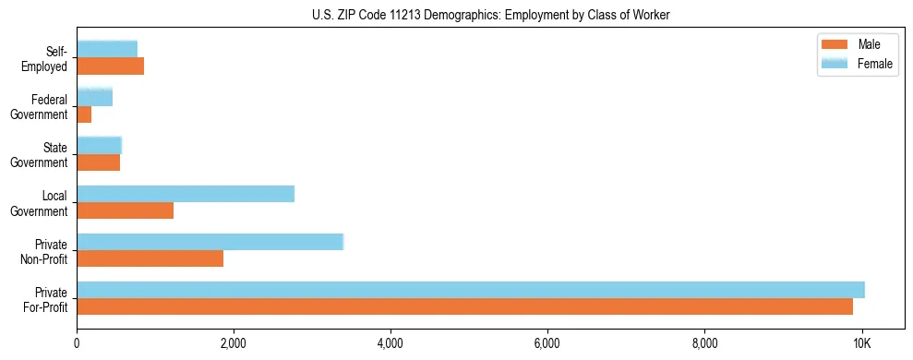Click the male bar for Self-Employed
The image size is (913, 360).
[x=111, y=66]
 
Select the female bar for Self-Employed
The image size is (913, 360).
[x=107, y=49]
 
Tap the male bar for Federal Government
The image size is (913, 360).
[x=84, y=114]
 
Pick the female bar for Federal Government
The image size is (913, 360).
[x=95, y=97]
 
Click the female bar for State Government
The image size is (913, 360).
[x=100, y=145]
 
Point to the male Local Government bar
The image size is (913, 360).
[x=126, y=210]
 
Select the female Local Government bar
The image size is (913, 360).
[x=186, y=194]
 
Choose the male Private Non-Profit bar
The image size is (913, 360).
[x=150, y=258]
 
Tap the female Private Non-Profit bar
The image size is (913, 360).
[x=210, y=242]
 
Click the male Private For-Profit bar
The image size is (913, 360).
[x=464, y=306]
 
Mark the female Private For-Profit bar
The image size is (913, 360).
[x=471, y=290]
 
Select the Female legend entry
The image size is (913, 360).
[x=859, y=63]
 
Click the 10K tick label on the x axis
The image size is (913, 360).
[x=861, y=343]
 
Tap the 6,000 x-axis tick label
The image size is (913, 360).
[x=547, y=343]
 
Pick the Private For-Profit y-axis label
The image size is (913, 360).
[x=45, y=299]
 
